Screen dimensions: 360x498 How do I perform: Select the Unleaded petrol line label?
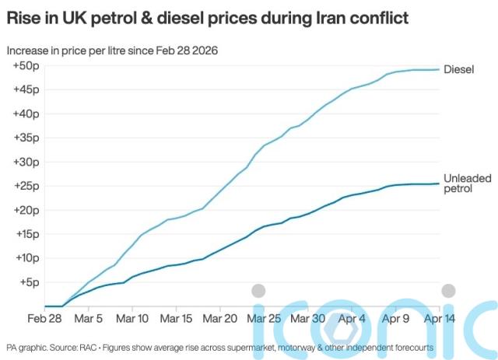click(x=467, y=183)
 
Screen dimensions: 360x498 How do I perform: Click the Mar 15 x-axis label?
click(x=177, y=319)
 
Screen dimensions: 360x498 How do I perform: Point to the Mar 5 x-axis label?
click(x=88, y=319)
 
